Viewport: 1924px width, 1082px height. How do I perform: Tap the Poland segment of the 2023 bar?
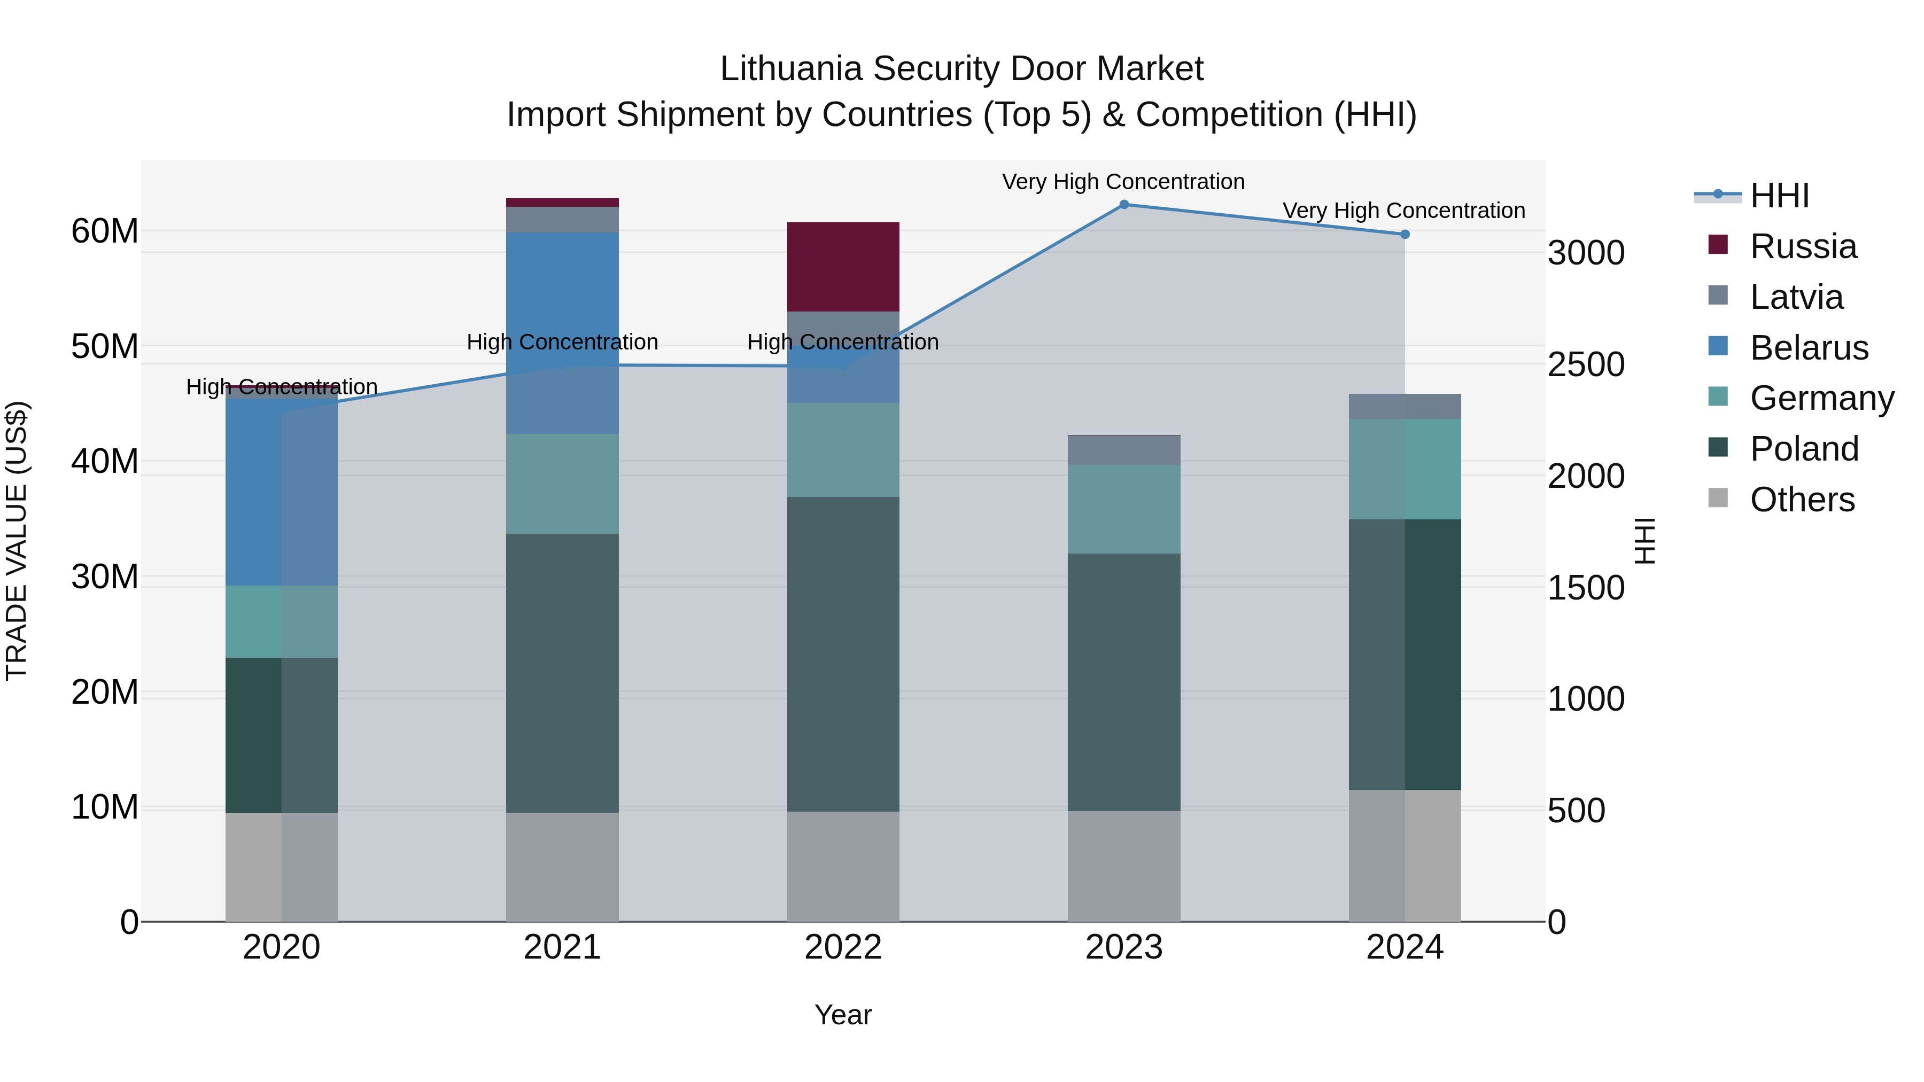(1123, 682)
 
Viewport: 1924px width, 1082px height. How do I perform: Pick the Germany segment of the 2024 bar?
(1404, 469)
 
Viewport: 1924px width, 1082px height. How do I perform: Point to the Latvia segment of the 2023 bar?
(1123, 450)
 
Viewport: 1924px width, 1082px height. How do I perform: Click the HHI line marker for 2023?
(1123, 205)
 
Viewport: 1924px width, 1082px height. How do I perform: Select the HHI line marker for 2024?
(1404, 235)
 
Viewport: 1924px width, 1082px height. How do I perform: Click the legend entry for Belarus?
(1807, 348)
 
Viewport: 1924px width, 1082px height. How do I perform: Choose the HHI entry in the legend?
(1778, 196)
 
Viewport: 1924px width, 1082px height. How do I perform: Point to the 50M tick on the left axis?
(105, 346)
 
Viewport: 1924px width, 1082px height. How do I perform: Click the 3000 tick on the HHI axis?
(1586, 253)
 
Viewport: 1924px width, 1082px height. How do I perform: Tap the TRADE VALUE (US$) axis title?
(17, 541)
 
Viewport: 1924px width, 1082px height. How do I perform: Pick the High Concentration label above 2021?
(562, 342)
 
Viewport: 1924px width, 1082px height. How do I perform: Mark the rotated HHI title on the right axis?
(1644, 541)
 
